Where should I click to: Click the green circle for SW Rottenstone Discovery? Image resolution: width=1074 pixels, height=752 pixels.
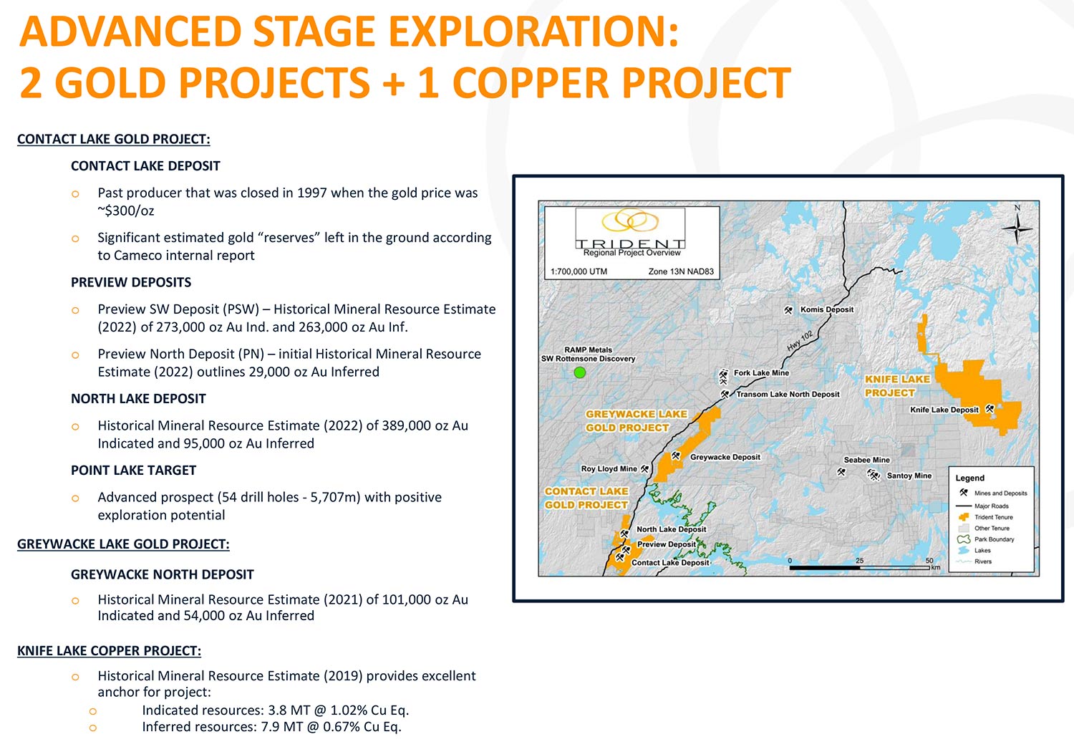pos(580,372)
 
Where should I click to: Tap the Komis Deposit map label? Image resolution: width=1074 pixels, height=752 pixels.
pos(826,309)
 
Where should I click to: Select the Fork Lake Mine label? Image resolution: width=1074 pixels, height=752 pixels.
pos(761,372)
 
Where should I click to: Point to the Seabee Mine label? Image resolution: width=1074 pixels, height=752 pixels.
pos(866,460)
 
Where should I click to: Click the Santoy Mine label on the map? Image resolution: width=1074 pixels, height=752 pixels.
pos(909,476)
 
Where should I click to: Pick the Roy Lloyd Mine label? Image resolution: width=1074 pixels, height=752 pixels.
pos(609,468)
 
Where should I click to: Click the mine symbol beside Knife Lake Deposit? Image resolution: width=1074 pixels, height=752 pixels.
pos(990,409)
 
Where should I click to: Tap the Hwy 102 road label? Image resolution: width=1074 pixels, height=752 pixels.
pos(800,340)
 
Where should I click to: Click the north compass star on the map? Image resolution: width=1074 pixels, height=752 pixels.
pos(1017,228)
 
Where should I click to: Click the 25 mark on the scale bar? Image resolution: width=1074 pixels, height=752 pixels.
pos(859,560)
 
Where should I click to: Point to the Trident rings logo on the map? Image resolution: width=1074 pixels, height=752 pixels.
pos(630,221)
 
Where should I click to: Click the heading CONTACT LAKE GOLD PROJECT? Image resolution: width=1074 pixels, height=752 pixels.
pos(114,139)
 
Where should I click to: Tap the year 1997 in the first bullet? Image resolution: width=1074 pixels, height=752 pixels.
pos(311,193)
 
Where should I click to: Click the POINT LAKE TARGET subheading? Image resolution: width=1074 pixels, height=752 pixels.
pos(134,470)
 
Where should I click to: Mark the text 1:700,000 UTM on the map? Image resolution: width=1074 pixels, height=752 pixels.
pos(579,271)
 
